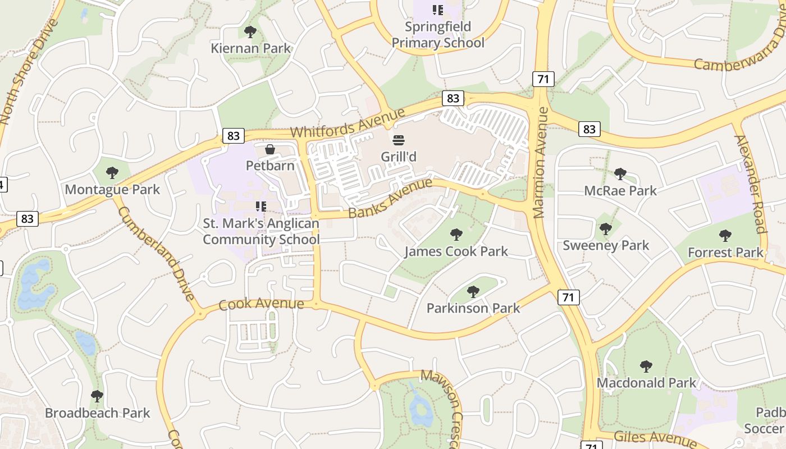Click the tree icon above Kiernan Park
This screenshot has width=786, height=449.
click(250, 31)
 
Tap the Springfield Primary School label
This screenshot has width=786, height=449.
click(438, 35)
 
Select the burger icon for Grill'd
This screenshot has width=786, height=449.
click(399, 140)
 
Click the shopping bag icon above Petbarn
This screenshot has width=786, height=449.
click(270, 149)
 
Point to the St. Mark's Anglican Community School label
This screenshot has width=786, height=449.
click(261, 231)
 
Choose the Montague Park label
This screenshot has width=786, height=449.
click(112, 190)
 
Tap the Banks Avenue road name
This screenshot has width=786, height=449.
click(390, 198)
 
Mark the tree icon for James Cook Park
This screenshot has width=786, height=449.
click(456, 234)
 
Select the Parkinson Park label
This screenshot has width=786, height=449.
click(473, 308)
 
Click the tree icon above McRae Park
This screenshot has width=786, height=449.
click(620, 174)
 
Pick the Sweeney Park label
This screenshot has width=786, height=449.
click(606, 245)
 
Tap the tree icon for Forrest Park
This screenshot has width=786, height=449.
click(725, 236)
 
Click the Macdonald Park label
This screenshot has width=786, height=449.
click(646, 383)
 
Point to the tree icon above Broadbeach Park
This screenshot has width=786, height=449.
click(97, 396)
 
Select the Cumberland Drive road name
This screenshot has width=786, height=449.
click(157, 254)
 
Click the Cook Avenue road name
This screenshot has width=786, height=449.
click(261, 305)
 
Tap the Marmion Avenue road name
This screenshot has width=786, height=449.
click(541, 163)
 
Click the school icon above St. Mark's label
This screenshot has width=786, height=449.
click(261, 207)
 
